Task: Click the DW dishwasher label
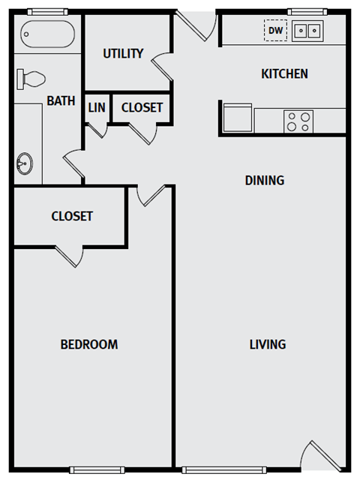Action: tap(276, 31)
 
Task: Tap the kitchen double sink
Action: tap(307, 31)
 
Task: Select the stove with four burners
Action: tap(298, 121)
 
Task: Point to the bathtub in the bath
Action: tap(46, 34)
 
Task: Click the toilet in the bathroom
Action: tap(31, 77)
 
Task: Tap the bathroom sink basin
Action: tap(25, 160)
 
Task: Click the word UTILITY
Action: tap(123, 53)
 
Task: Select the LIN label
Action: tap(97, 107)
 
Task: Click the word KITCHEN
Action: tap(284, 73)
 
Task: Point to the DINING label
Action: tap(264, 180)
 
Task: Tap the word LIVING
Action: tap(268, 344)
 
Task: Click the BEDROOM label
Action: tap(89, 344)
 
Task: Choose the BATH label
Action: tap(61, 100)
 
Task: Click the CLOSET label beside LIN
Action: tap(142, 107)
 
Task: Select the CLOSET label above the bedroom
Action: tap(72, 216)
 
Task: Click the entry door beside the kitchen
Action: tap(196, 27)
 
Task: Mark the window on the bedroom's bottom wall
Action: tap(96, 470)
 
